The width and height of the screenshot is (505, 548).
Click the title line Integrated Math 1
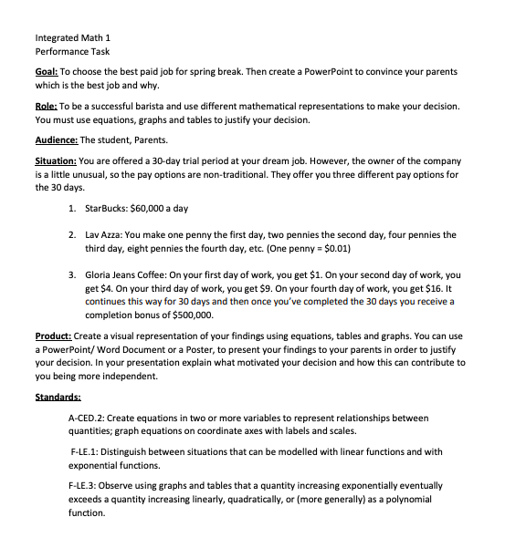tap(72, 37)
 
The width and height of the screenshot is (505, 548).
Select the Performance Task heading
tap(72, 52)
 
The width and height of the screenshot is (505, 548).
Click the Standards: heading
tap(58, 398)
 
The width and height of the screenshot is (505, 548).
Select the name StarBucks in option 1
tap(108, 209)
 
